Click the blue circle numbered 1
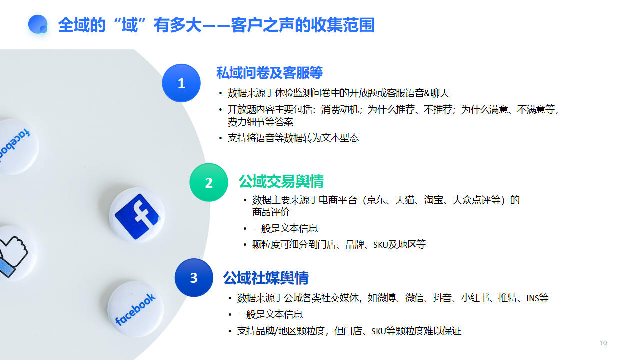[181, 83]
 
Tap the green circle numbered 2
[209, 182]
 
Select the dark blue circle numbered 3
[194, 277]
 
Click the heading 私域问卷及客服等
[269, 73]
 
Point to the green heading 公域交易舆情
[281, 181]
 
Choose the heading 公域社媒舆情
[266, 278]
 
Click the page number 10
[603, 343]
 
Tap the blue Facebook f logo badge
[137, 215]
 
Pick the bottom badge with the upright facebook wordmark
[135, 309]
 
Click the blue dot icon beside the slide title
[38, 24]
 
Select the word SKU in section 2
[380, 245]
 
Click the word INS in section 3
[533, 298]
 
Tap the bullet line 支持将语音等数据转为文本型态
[293, 138]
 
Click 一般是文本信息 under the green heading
[285, 228]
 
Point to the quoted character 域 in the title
[130, 25]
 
